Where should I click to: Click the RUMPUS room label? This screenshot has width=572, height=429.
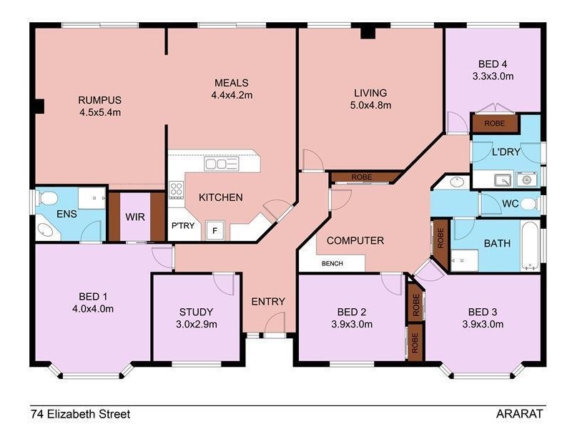99,100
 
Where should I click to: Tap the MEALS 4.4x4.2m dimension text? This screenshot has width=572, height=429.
232,94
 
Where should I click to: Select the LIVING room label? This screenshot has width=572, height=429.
370,93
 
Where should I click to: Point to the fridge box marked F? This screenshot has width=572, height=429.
213,230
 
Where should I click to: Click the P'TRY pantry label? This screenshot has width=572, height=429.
179,226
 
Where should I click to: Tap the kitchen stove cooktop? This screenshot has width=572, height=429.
176,189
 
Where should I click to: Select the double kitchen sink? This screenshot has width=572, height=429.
221,164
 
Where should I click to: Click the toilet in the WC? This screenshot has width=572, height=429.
528,204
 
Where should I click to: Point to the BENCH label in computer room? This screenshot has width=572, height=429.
332,264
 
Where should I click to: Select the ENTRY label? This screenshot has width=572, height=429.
268,301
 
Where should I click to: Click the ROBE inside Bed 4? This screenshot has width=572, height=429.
494,123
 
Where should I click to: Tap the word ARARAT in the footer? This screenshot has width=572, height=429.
520,414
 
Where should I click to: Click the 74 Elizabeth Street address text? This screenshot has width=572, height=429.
80,414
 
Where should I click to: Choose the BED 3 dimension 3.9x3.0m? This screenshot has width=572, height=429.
485,324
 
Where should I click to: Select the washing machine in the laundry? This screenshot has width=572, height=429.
528,179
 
